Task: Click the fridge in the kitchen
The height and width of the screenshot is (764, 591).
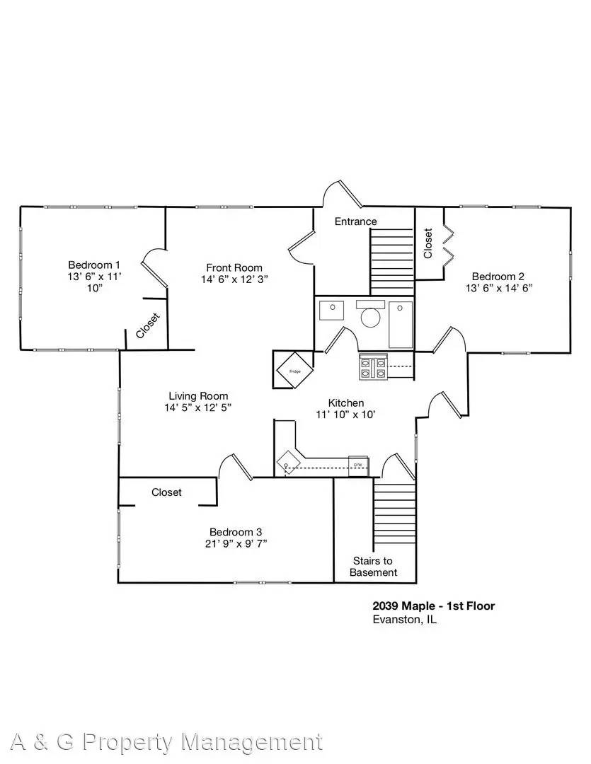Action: pos(292,369)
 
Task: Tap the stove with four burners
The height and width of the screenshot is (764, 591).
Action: pos(373,367)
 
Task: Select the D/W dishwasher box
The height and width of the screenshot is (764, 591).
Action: pos(358,464)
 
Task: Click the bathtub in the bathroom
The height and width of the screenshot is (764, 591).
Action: pos(401,325)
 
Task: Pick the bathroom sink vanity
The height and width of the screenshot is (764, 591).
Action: pos(331,311)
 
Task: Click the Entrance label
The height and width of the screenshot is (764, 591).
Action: pos(355,221)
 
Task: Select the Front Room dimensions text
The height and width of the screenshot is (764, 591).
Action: pos(234,279)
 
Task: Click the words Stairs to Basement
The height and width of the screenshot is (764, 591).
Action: pos(374,567)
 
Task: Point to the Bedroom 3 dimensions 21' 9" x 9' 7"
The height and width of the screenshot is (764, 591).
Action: pos(236,544)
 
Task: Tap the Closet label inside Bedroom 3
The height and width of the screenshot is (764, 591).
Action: pos(166,492)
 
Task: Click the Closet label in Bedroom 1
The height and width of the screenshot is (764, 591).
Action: pos(149,327)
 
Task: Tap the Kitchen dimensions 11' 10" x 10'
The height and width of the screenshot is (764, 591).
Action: pos(345,415)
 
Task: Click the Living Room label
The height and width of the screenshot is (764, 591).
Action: pos(198,396)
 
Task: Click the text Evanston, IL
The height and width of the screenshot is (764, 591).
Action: pos(404,619)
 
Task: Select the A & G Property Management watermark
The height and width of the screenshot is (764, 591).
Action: pos(161,741)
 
